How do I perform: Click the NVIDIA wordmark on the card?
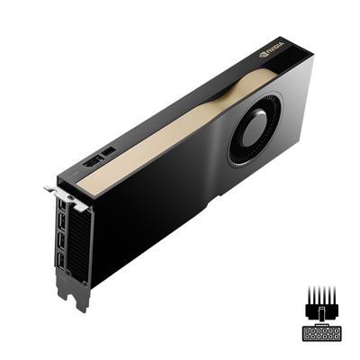[274, 44]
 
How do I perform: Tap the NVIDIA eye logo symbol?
[263, 53]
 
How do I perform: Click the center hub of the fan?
[256, 126]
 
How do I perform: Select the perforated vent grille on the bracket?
[79, 247]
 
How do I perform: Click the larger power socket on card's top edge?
[92, 163]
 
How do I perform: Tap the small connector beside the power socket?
[110, 150]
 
